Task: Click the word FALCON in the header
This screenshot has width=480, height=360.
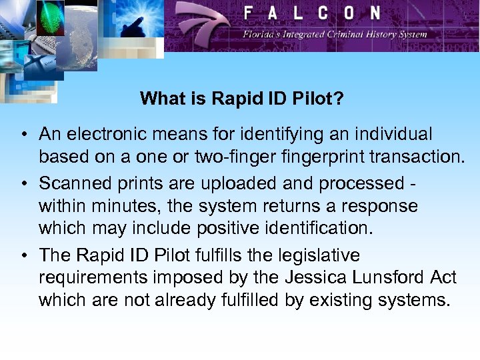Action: (x=311, y=13)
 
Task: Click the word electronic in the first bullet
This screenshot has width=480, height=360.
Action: (x=105, y=135)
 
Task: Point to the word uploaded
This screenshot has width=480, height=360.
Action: (x=207, y=182)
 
